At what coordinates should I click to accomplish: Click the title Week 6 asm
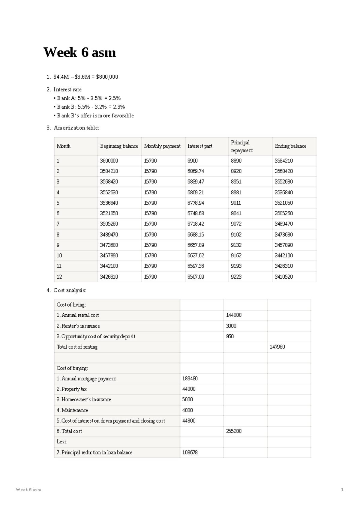click(79, 52)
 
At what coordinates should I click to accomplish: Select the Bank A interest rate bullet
click(89, 98)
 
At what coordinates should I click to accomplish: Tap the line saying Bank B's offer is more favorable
click(95, 115)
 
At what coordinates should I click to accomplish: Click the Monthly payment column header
click(162, 146)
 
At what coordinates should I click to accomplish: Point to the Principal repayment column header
click(241, 146)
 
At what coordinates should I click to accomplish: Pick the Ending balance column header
click(290, 146)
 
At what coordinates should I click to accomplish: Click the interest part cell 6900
click(193, 161)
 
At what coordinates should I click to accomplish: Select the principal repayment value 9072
click(236, 224)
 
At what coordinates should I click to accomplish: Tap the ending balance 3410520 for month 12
click(284, 277)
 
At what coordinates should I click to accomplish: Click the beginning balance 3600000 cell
click(109, 161)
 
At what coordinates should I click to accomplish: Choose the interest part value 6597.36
click(196, 266)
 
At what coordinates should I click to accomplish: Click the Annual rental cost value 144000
click(234, 315)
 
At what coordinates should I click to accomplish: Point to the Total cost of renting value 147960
click(277, 347)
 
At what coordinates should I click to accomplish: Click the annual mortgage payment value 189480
click(190, 379)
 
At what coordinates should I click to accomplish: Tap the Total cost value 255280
click(234, 431)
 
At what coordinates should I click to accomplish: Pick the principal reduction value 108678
click(190, 452)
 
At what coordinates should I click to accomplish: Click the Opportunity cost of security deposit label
click(96, 336)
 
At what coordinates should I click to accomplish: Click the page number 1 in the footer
click(342, 490)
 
